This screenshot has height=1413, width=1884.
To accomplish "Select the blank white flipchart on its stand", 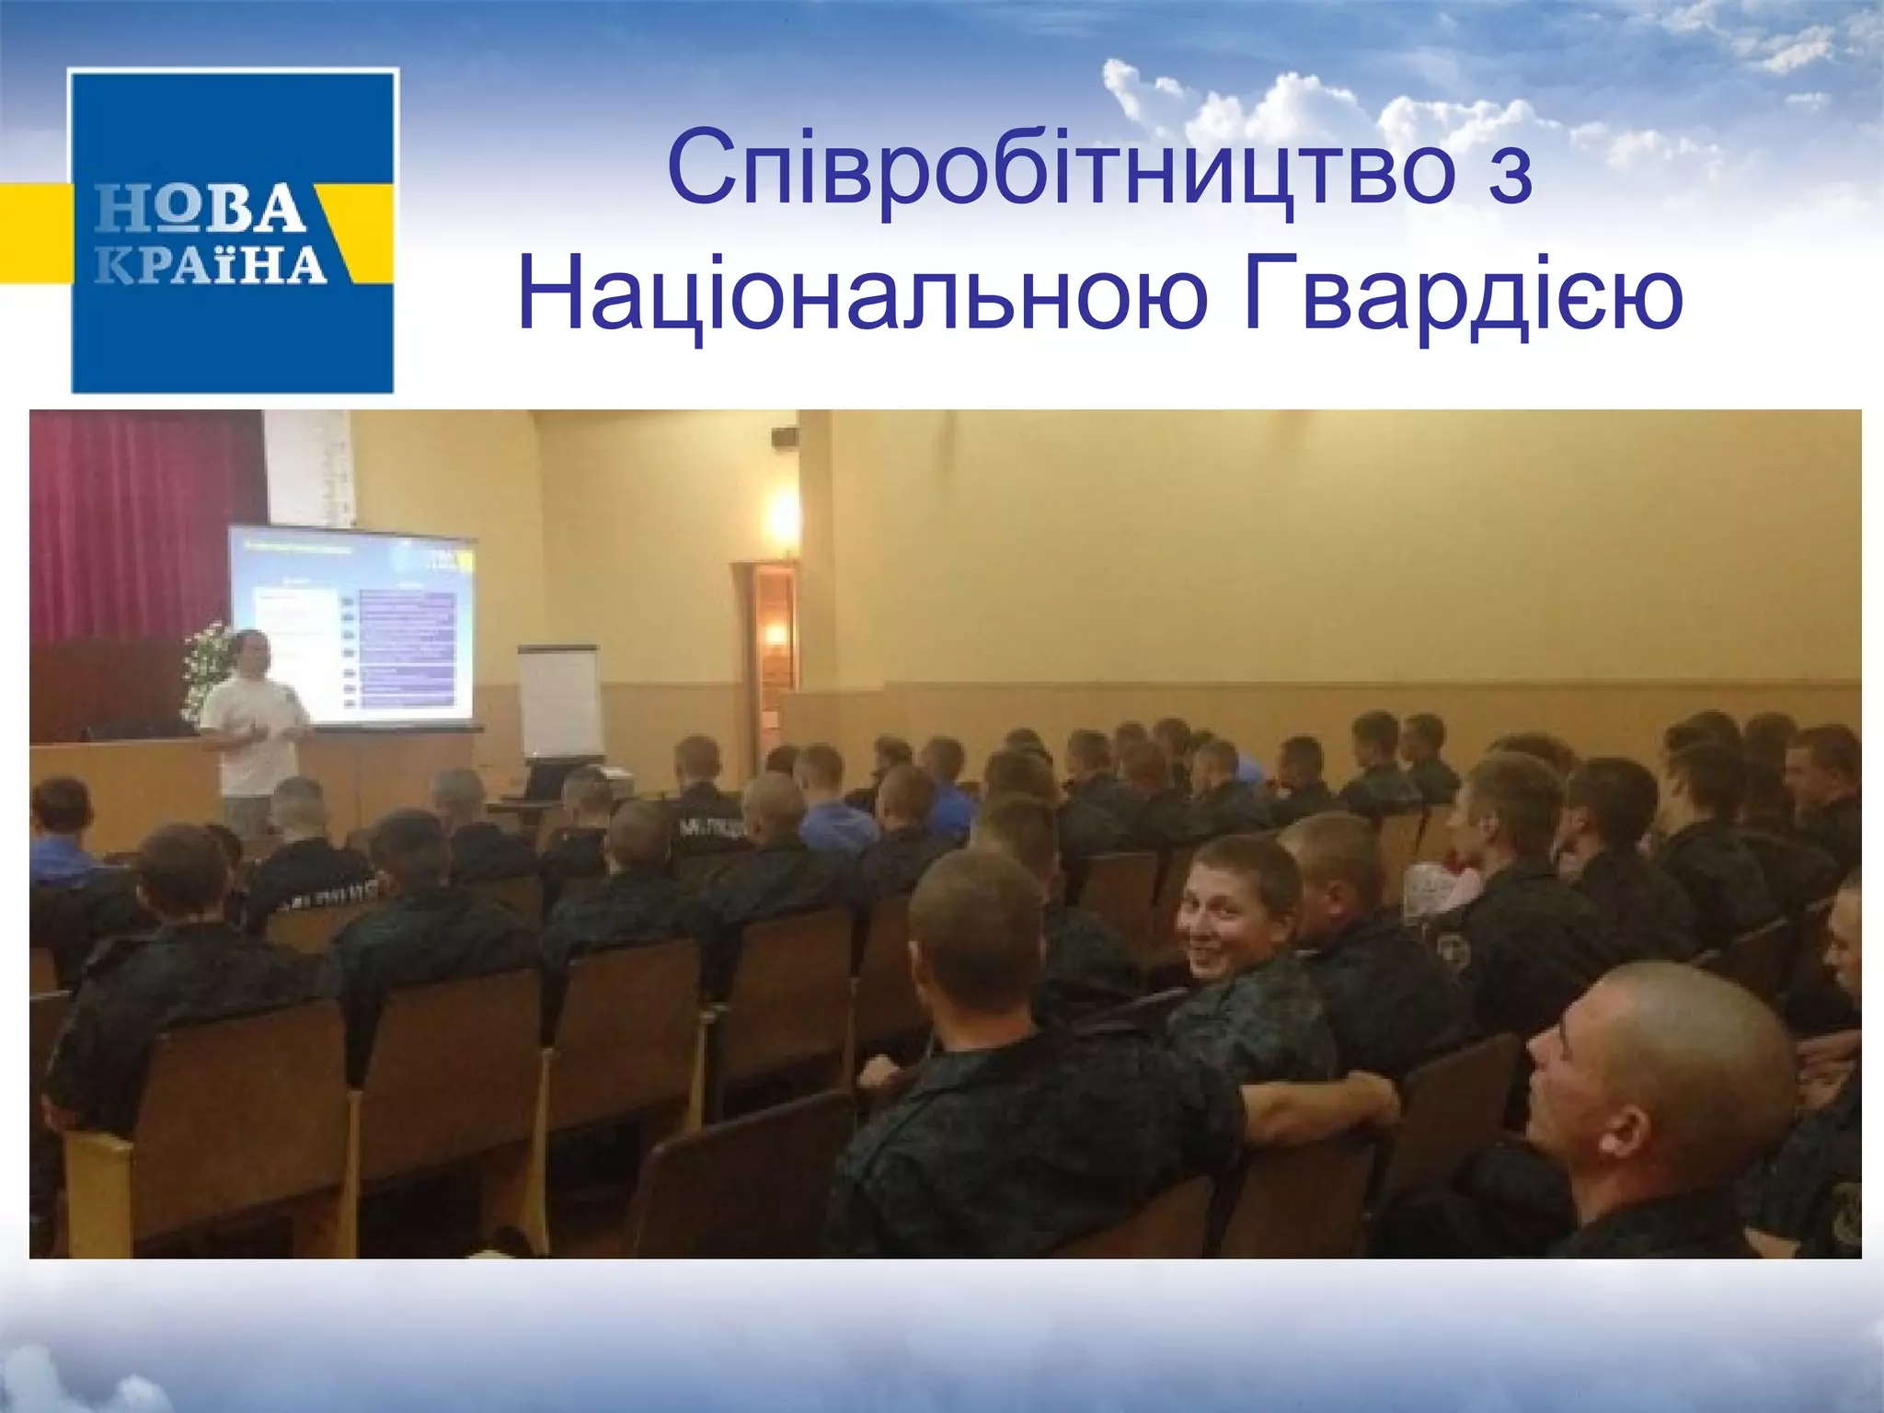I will pos(559,699).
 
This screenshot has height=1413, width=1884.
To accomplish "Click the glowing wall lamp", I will pos(783,515).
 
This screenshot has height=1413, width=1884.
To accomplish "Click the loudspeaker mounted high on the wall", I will pos(785,435).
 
